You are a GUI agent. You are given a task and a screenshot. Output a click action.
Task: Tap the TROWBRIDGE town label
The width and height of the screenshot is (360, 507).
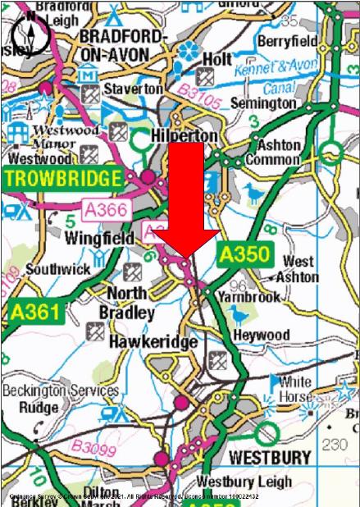[62, 178]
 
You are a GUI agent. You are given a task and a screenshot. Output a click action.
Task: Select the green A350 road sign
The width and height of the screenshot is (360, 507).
[244, 254]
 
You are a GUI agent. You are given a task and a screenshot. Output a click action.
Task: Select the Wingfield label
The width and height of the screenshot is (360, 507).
[98, 239]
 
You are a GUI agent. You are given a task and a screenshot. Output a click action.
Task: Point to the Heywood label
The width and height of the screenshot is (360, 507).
[261, 335]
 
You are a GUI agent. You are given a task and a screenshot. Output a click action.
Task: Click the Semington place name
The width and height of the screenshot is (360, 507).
[262, 103]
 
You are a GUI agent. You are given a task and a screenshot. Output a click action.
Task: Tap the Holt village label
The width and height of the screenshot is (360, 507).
[216, 59]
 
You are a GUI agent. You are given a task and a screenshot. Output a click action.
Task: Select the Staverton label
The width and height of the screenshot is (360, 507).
[133, 87]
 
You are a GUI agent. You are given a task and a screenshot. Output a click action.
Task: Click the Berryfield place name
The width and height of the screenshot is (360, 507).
[286, 40]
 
